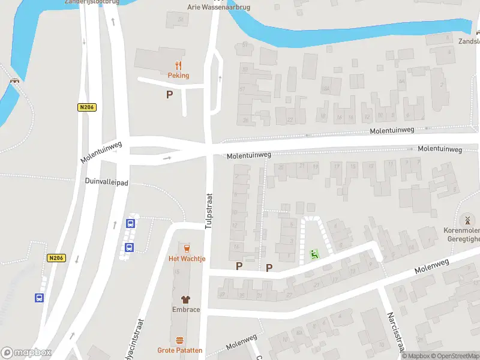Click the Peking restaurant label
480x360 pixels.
(178, 76)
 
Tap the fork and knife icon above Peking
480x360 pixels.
(178, 65)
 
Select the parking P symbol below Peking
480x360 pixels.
(170, 94)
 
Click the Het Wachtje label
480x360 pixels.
(187, 259)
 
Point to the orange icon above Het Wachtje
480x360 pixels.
(187, 248)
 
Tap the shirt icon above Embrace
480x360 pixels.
(186, 299)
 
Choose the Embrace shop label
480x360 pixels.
(186, 310)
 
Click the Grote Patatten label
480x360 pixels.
(180, 350)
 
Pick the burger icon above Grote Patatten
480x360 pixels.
(180, 340)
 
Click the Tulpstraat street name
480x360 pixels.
(209, 211)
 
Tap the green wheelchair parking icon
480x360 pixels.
(314, 254)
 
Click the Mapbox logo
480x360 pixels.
(26, 352)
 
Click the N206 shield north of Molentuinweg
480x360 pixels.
(87, 107)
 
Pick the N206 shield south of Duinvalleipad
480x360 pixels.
(56, 258)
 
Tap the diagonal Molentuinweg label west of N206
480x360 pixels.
(101, 152)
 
